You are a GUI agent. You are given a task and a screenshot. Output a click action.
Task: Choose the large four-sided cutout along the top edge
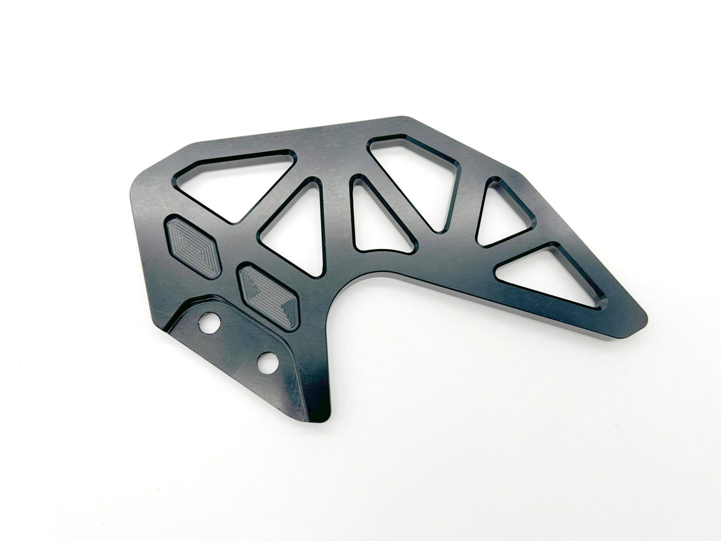click(419, 175)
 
